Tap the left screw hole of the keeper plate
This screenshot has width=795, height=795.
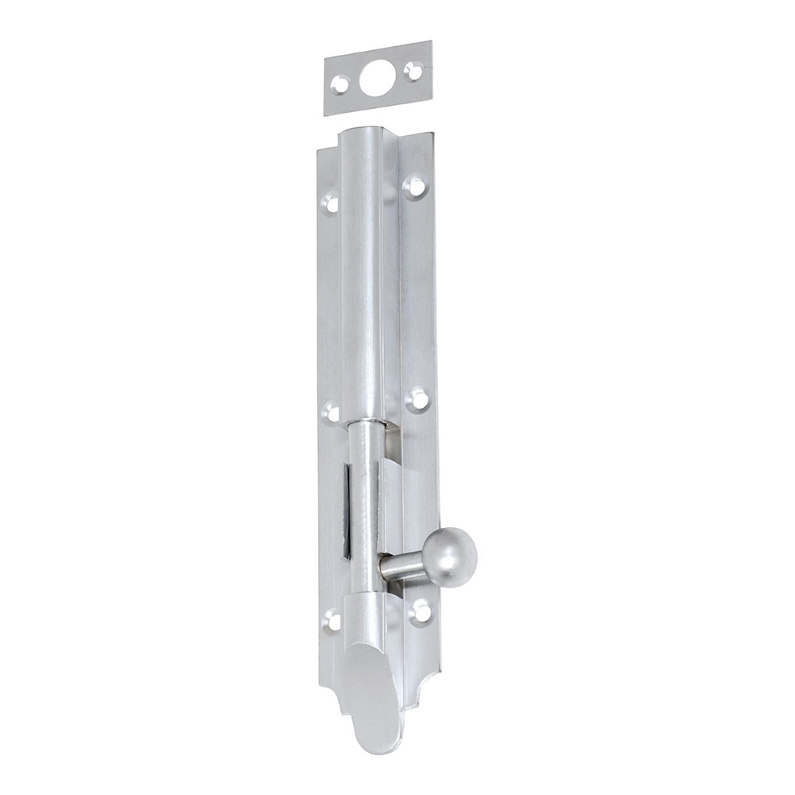click(340, 82)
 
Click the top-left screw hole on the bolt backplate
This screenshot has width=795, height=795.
click(332, 204)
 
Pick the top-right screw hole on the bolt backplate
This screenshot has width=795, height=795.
click(415, 188)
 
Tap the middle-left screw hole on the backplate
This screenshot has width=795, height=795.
click(332, 413)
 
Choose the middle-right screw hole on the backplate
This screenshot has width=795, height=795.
click(416, 398)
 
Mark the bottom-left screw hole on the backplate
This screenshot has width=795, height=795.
click(334, 621)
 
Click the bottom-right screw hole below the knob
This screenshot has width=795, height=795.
click(421, 611)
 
